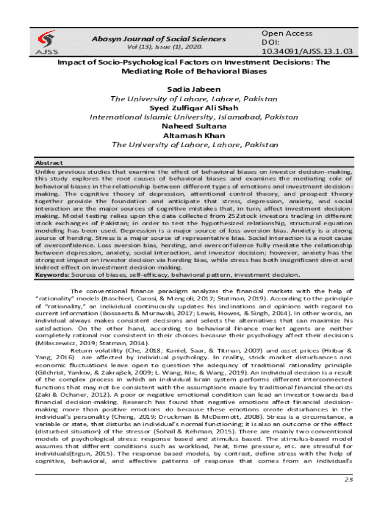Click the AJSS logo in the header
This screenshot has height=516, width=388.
(x=47, y=42)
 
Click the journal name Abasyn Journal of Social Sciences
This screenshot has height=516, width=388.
(x=159, y=39)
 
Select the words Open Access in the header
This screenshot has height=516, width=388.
(x=287, y=33)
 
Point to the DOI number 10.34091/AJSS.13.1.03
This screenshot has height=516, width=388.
(x=307, y=51)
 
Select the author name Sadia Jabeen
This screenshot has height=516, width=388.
(x=193, y=89)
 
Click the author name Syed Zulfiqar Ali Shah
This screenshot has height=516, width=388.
(x=193, y=108)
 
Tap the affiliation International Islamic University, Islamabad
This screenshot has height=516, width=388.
(x=193, y=117)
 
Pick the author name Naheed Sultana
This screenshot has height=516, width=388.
(x=193, y=126)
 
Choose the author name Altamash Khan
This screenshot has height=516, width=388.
(x=193, y=135)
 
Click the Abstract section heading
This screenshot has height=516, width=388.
(x=49, y=163)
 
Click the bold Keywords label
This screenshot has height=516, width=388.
(x=52, y=275)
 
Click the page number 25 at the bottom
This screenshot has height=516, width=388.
(x=348, y=479)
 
